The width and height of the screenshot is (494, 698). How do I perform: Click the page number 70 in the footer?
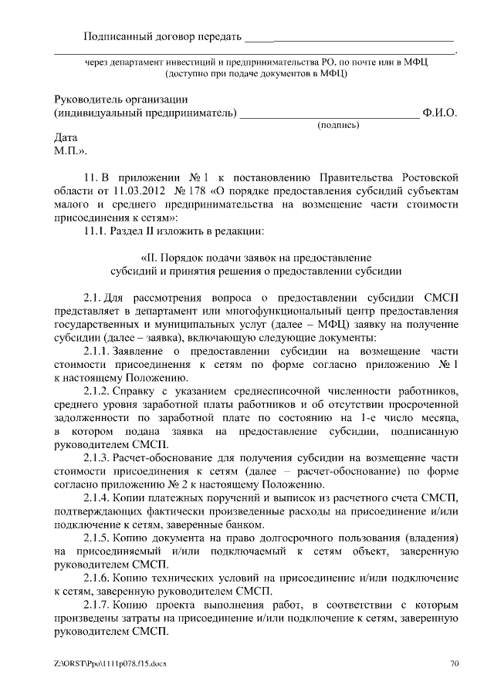[x=455, y=663]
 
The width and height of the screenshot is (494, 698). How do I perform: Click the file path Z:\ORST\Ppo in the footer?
[x=76, y=663]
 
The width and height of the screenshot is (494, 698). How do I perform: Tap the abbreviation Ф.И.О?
[x=440, y=113]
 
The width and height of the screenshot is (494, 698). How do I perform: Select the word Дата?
[x=67, y=138]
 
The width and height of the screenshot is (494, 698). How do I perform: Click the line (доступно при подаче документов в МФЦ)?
[x=255, y=74]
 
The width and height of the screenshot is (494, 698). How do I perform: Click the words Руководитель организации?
[x=121, y=99]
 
